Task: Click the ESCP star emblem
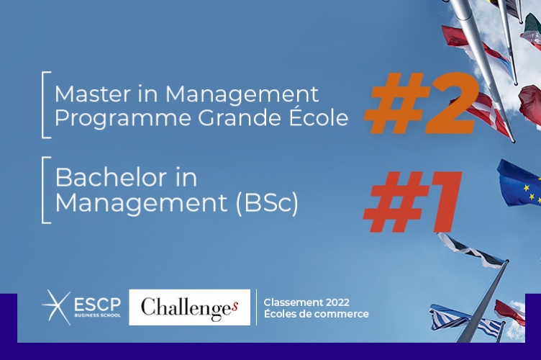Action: click(55, 307)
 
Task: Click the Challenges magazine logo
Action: click(189, 307)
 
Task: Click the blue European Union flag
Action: click(519, 184)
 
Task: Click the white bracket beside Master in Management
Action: click(45, 104)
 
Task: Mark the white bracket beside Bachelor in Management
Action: click(45, 189)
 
